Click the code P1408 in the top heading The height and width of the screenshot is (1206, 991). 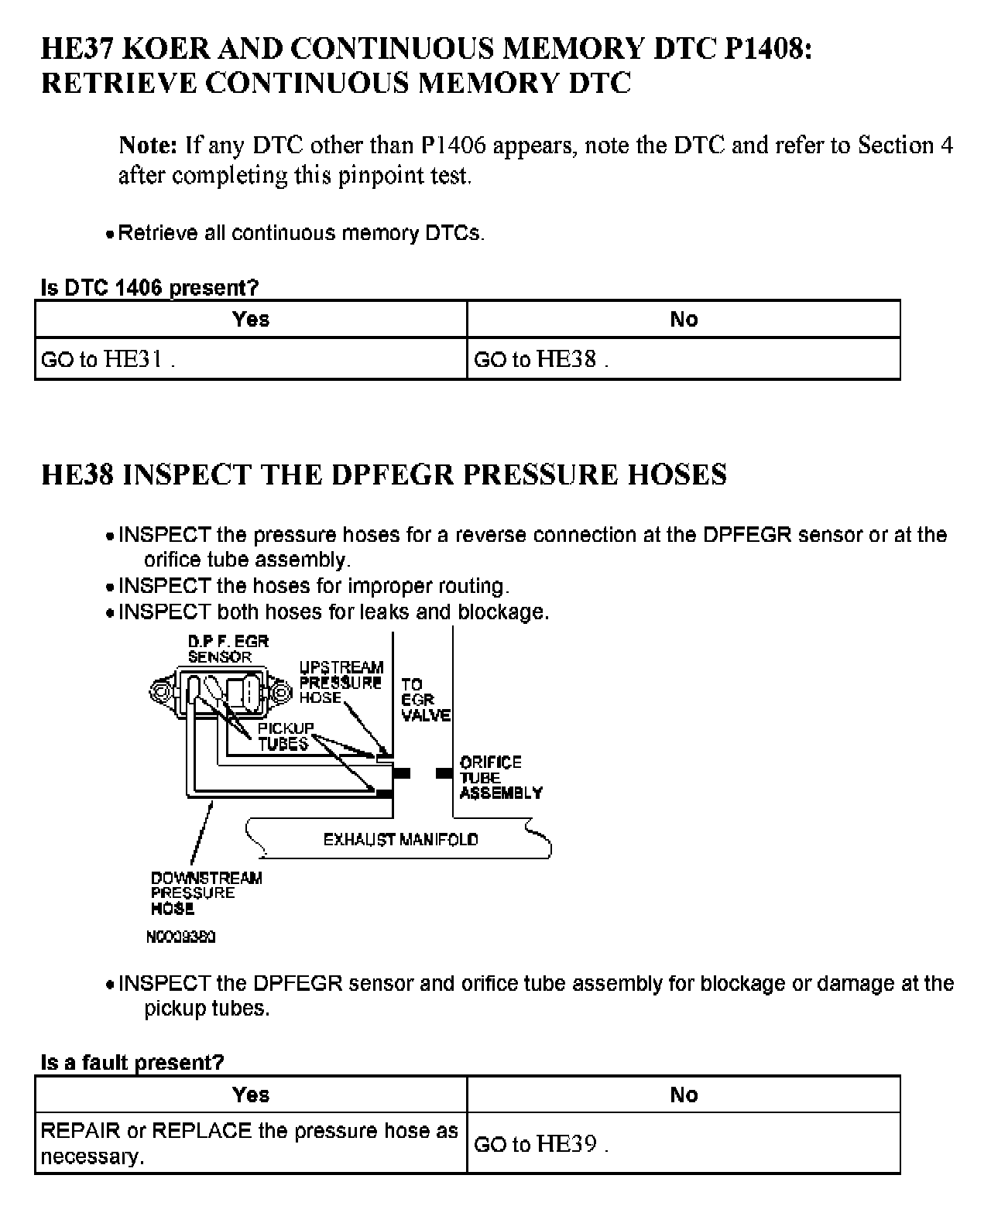767,50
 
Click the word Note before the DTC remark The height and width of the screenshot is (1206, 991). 148,145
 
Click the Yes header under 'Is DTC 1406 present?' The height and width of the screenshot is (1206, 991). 251,319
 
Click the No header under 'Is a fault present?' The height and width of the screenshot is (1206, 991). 684,1095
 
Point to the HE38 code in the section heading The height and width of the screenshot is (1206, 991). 77,475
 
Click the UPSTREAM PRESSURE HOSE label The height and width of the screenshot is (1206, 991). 341,682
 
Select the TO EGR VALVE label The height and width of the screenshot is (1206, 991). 425,700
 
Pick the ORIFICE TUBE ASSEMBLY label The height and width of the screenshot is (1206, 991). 501,777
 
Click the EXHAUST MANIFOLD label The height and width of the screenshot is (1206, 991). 400,840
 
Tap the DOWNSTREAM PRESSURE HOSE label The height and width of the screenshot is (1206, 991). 206,893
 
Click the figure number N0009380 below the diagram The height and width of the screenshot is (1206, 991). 180,937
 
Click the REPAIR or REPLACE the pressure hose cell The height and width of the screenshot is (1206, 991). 249,1143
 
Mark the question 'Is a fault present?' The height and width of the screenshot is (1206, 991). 132,1063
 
